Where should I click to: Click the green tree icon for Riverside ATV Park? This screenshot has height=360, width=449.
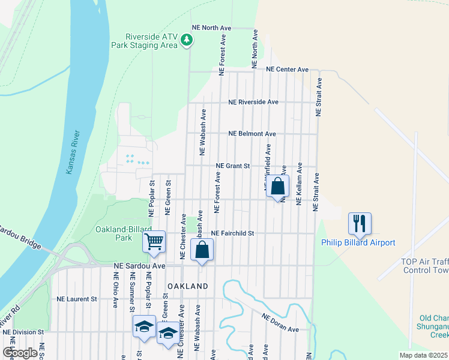click(x=187, y=40)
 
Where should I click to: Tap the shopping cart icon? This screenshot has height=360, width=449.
click(x=154, y=241)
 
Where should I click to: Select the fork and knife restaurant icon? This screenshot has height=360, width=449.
click(x=360, y=223)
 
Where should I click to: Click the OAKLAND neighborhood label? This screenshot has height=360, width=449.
click(x=188, y=287)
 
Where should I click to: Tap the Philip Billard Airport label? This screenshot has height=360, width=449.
click(x=358, y=242)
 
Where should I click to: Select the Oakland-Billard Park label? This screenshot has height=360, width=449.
click(x=114, y=233)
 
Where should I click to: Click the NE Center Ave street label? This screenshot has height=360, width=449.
click(x=288, y=70)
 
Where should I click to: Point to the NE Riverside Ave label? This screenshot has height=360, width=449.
click(x=253, y=102)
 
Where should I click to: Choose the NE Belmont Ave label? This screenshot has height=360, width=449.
click(x=252, y=134)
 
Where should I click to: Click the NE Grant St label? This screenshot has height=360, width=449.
click(x=232, y=166)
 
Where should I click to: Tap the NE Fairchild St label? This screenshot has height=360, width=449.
click(x=233, y=233)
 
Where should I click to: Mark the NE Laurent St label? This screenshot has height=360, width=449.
click(x=77, y=299)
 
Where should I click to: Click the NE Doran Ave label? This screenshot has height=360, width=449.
click(x=280, y=325)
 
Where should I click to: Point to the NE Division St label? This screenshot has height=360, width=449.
click(x=23, y=331)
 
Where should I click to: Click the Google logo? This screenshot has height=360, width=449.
click(x=20, y=353)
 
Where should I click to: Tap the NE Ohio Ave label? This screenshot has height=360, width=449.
click(x=115, y=290)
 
